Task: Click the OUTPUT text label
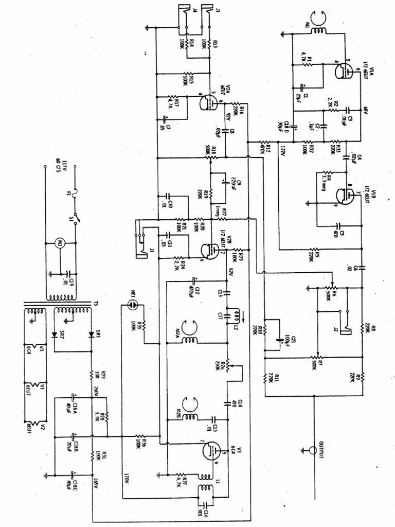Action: click(x=322, y=450)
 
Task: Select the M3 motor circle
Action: click(x=60, y=243)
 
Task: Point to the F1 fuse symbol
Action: click(x=76, y=195)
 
